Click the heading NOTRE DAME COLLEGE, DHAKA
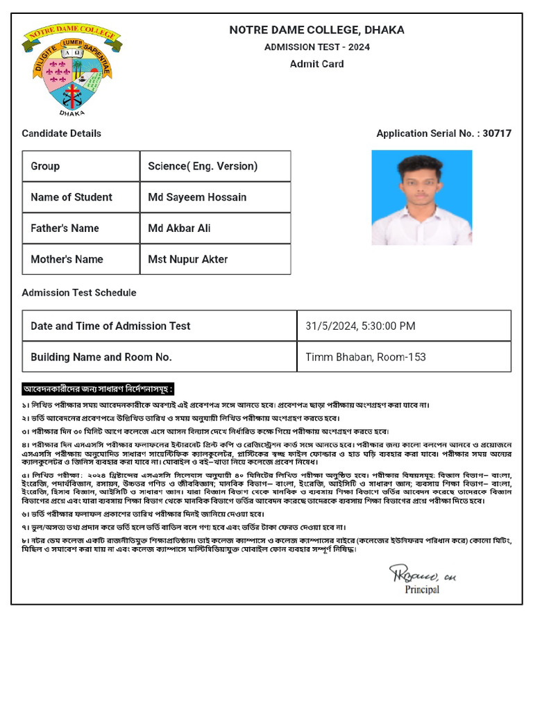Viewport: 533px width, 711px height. pyautogui.click(x=316, y=30)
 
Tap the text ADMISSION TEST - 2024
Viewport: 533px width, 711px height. pyautogui.click(x=316, y=47)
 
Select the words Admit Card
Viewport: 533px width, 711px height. pyautogui.click(x=316, y=64)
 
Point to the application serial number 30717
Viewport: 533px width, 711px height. pyautogui.click(x=497, y=133)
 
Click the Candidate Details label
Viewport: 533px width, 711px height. pyautogui.click(x=61, y=133)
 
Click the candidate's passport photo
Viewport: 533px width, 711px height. pyautogui.click(x=421, y=197)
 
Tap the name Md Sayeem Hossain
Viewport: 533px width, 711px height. pyautogui.click(x=197, y=197)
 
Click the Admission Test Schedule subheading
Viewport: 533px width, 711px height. pyautogui.click(x=78, y=293)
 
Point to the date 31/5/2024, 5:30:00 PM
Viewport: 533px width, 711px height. pyautogui.click(x=360, y=326)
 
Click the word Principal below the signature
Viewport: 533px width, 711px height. pyautogui.click(x=422, y=590)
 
